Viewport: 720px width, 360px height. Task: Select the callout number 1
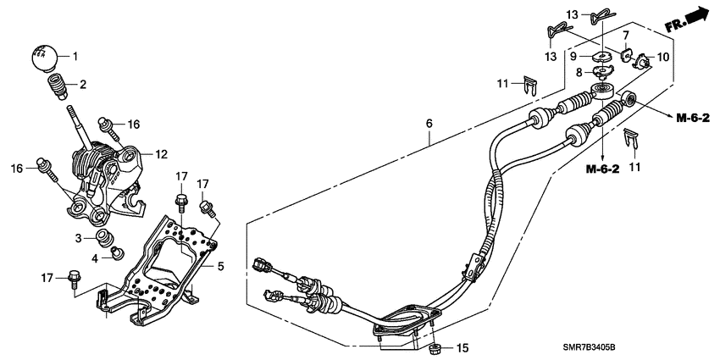pyautogui.click(x=74, y=57)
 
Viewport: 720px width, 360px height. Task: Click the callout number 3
pyautogui.click(x=77, y=237)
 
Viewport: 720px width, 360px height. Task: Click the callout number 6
pyautogui.click(x=429, y=124)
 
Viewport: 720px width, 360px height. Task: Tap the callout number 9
pyautogui.click(x=573, y=56)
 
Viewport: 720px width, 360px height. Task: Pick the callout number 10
pyautogui.click(x=662, y=58)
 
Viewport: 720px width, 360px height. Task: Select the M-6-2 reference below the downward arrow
pyautogui.click(x=602, y=169)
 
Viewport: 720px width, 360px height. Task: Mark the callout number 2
pyautogui.click(x=83, y=84)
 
